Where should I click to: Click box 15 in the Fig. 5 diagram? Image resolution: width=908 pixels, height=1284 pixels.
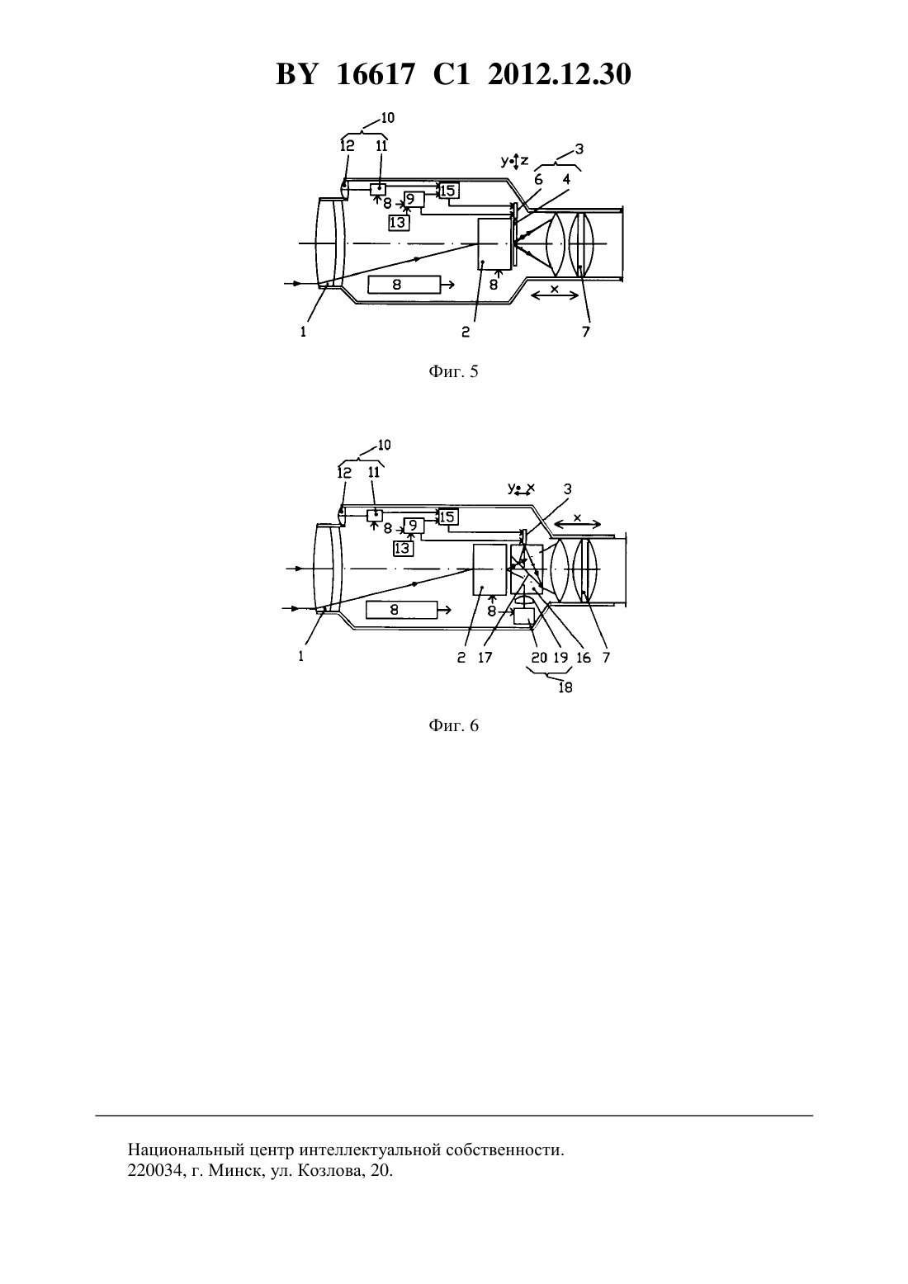click(449, 190)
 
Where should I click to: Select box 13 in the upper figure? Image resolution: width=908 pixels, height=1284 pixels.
click(399, 223)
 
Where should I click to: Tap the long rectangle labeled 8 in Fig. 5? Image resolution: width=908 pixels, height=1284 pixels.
click(404, 285)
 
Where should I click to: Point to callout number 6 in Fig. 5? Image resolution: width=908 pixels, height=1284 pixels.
click(537, 180)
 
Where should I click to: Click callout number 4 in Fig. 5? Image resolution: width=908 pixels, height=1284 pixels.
click(565, 179)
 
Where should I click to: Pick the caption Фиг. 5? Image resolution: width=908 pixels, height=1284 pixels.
click(453, 371)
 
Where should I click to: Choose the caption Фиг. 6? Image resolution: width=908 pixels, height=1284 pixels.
click(453, 725)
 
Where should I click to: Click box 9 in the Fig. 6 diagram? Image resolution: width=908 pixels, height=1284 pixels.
click(413, 525)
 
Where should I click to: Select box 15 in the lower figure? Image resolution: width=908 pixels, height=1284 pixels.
click(448, 517)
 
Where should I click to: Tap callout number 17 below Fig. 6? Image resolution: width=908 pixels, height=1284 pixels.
click(485, 658)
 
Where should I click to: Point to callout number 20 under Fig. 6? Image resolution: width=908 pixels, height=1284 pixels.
click(539, 658)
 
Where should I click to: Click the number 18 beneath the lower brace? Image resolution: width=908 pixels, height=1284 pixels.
click(565, 687)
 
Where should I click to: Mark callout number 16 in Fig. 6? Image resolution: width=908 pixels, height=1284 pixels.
click(583, 658)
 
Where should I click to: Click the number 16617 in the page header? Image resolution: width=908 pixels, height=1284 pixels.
click(375, 74)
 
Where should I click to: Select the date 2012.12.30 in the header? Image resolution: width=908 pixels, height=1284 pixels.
click(560, 74)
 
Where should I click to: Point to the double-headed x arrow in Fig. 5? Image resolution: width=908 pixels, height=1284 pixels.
click(555, 295)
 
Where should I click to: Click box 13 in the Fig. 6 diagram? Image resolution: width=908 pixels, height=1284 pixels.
click(403, 549)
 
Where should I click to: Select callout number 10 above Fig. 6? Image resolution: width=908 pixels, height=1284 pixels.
click(384, 445)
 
